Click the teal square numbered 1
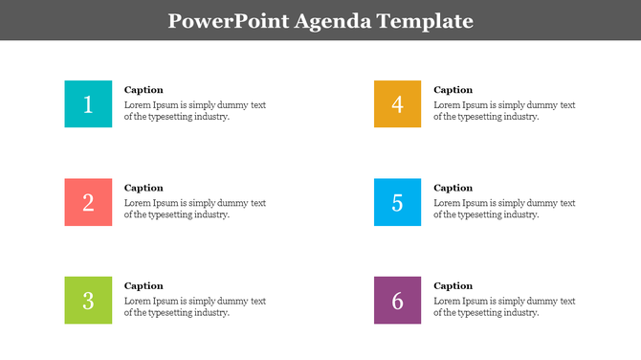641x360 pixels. click(88, 104)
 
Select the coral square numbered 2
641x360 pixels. click(88, 202)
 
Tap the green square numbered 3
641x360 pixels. click(88, 300)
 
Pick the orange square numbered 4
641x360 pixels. click(397, 104)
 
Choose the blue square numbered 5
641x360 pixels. click(397, 202)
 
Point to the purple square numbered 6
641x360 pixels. click(397, 300)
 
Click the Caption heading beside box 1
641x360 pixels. click(144, 90)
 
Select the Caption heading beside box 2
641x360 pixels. click(144, 188)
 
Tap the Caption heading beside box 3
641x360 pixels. click(144, 285)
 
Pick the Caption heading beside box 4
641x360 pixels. click(453, 90)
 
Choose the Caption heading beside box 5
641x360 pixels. click(453, 188)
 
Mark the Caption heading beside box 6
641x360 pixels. click(453, 285)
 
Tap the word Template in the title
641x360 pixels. click(427, 21)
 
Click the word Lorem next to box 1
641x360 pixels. click(138, 105)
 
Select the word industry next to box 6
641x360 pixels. click(519, 312)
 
